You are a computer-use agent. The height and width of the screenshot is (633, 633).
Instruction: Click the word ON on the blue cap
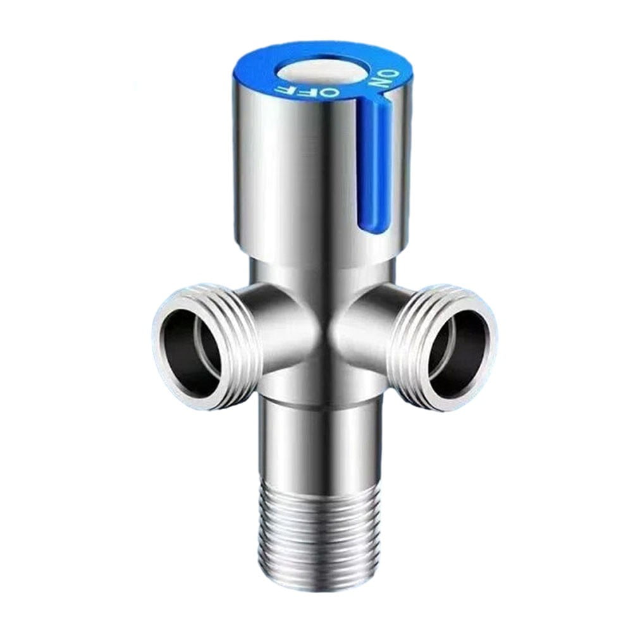[x=383, y=81]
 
